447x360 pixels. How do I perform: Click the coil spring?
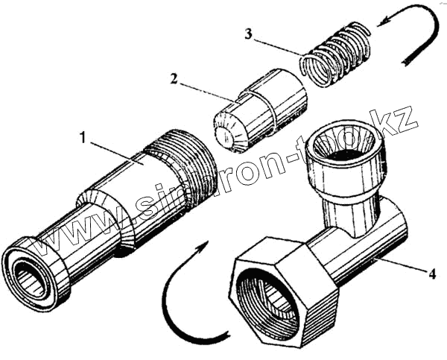click(337, 54)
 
